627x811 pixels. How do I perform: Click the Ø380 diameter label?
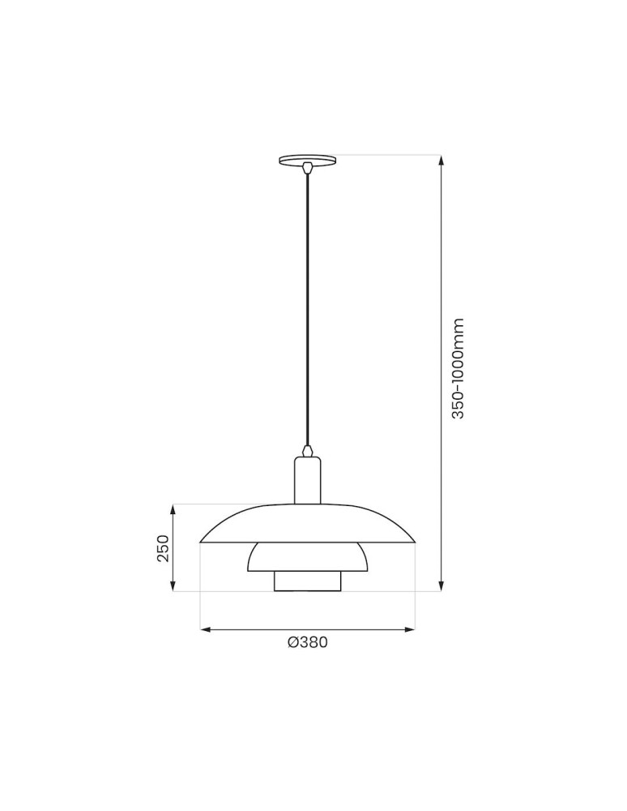(307, 643)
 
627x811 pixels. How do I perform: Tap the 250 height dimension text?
(163, 548)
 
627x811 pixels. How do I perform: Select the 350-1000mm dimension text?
(459, 368)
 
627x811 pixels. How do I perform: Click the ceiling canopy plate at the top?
(307, 160)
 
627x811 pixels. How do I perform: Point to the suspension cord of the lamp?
(307, 308)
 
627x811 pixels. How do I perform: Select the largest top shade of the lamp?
(307, 524)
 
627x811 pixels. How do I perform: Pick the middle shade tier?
(307, 557)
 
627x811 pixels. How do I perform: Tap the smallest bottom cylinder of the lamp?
(307, 581)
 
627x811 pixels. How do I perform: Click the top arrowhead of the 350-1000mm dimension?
(441, 161)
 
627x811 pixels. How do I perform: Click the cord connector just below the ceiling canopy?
(307, 169)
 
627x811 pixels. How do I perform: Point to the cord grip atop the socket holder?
(307, 450)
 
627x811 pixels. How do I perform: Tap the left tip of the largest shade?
(201, 541)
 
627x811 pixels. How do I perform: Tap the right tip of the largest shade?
(414, 541)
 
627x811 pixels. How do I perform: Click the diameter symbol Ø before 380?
(292, 643)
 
